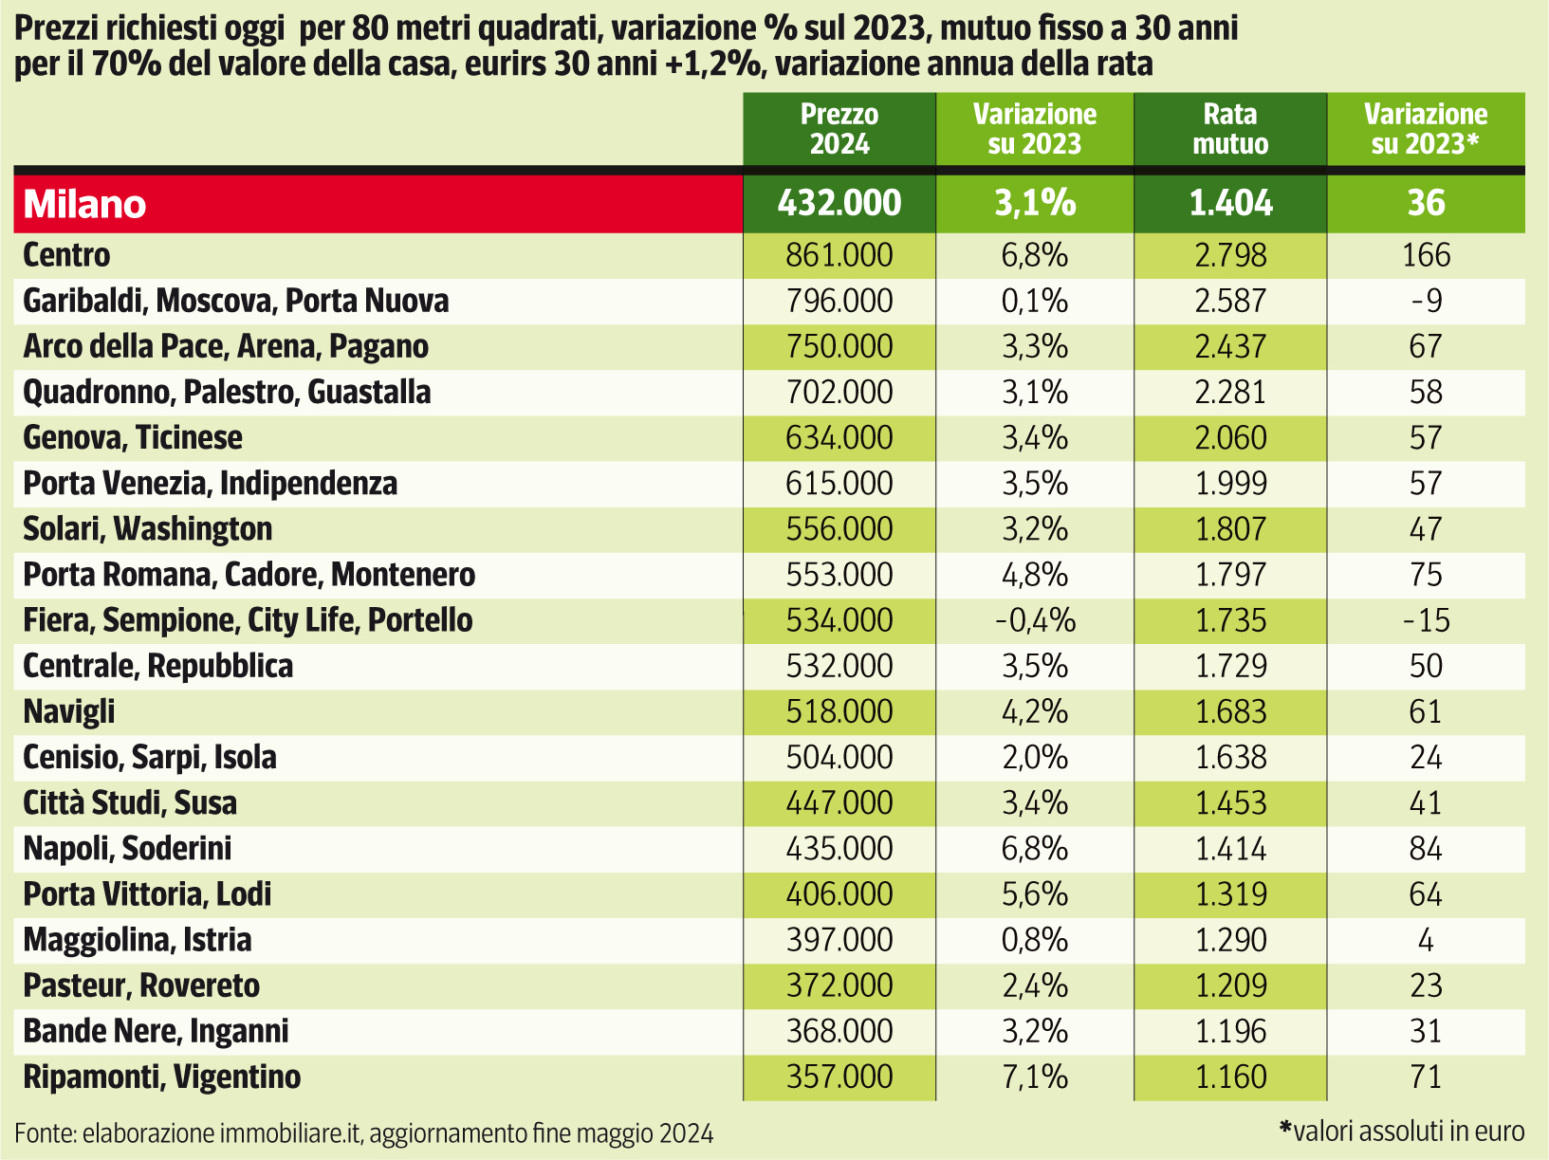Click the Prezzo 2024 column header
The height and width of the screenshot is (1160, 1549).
point(839,129)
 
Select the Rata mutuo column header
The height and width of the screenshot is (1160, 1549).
point(1230,129)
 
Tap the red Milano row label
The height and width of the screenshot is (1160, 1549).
point(85,204)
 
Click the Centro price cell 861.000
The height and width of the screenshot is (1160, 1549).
point(839,255)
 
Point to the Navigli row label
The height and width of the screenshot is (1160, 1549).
point(69,711)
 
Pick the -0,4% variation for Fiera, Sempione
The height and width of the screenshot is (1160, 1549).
point(1035,620)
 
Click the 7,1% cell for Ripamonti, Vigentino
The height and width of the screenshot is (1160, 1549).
point(1035,1077)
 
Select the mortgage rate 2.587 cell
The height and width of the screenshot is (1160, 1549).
point(1230,301)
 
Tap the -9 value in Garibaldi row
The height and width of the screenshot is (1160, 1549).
point(1426,301)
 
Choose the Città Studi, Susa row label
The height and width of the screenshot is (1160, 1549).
point(130,803)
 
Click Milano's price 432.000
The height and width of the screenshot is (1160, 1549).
point(839,203)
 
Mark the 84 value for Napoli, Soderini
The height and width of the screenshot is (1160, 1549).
point(1426,849)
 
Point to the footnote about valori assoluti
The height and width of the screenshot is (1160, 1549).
point(1402,1131)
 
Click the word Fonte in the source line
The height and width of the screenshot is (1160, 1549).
point(45,1133)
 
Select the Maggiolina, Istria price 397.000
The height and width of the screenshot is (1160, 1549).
point(839,940)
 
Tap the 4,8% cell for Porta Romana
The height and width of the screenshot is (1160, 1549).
point(1035,575)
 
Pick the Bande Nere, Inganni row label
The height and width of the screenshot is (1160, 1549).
point(156,1031)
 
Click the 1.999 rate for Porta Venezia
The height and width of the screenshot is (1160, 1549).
point(1230,484)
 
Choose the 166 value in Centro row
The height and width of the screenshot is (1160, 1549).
point(1426,255)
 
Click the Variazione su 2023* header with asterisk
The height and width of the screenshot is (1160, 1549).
point(1426,129)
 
